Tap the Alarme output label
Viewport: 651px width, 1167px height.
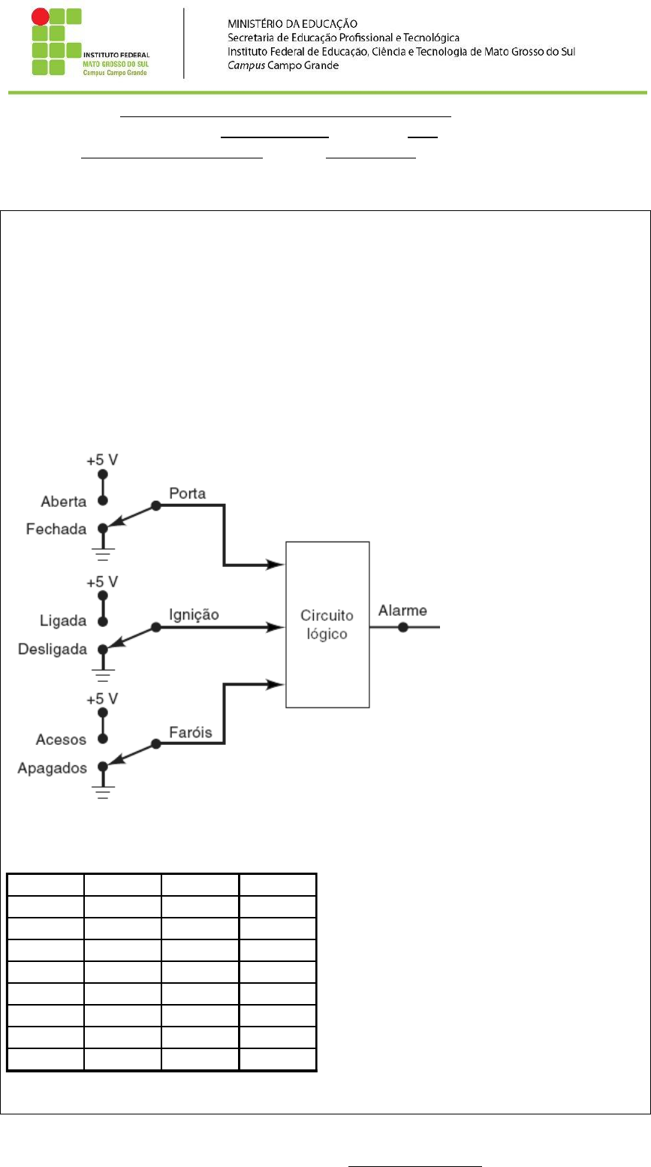click(x=402, y=610)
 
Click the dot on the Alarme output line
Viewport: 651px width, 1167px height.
click(x=402, y=627)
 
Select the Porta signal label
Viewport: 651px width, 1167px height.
click(x=188, y=493)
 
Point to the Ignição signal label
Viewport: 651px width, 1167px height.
click(x=194, y=615)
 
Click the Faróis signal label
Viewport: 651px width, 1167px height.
click(x=191, y=732)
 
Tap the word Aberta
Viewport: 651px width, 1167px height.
click(x=64, y=501)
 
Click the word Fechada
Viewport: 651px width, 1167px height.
click(x=56, y=529)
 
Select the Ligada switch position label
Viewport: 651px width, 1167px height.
click(x=63, y=620)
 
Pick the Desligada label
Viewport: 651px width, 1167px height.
click(x=52, y=649)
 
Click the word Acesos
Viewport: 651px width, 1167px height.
click(x=61, y=739)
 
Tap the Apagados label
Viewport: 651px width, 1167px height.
click(x=52, y=768)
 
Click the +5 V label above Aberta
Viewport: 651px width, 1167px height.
click(x=102, y=460)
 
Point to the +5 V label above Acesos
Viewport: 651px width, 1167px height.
click(x=102, y=698)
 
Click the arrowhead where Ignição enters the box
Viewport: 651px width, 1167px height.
click(x=276, y=627)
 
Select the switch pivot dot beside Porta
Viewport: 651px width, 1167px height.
click(x=155, y=505)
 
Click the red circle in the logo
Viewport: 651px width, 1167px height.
click(x=40, y=17)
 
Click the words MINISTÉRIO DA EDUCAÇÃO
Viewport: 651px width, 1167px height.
click(x=292, y=23)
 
